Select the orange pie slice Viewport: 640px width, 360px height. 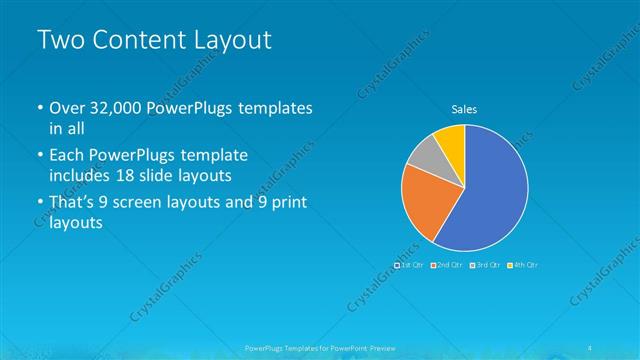tap(423, 201)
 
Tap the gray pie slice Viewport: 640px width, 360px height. tap(426, 155)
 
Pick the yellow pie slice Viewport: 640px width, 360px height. tap(452, 140)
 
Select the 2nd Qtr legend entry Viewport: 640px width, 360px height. tap(449, 265)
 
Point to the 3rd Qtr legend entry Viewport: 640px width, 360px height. tap(486, 265)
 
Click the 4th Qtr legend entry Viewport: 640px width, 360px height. tap(524, 265)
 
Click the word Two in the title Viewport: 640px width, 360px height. tap(60, 40)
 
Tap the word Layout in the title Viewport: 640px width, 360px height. tap(233, 40)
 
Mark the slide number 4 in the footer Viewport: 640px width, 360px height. tap(592, 347)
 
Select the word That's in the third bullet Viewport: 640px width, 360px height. tap(76, 203)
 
